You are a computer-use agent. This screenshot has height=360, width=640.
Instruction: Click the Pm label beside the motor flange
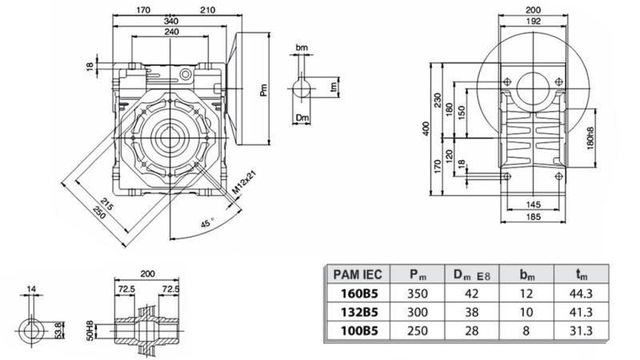click(x=264, y=93)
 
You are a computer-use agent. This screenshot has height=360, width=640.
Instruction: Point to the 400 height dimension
click(x=427, y=128)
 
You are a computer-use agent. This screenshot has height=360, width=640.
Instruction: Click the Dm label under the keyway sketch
click(x=302, y=118)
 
